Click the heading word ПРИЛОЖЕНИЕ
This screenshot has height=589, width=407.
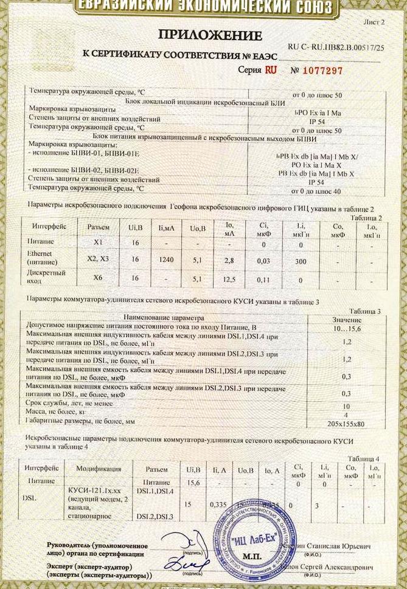click(210, 34)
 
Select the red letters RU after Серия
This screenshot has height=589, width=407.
click(271, 70)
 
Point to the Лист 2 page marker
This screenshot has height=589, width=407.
click(374, 22)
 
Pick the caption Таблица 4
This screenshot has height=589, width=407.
click(364, 458)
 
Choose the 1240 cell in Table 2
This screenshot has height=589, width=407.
click(166, 260)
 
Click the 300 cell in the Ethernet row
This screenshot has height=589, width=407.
click(299, 260)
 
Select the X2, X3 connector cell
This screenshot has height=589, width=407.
click(96, 260)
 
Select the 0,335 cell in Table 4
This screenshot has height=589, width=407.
click(217, 505)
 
